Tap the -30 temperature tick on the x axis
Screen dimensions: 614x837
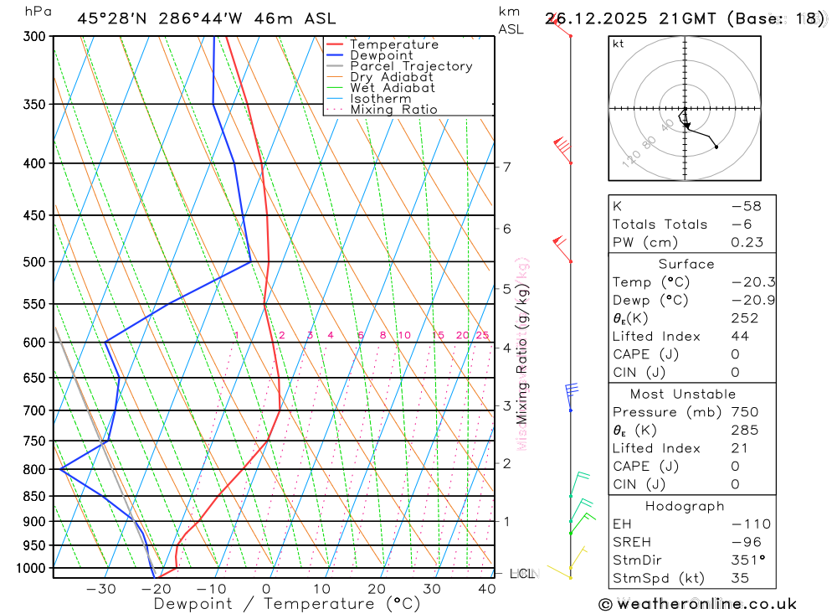tap(101, 589)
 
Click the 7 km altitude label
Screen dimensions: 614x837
tap(507, 167)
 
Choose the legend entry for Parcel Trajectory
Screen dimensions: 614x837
tap(411, 66)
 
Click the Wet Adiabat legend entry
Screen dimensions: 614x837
tap(393, 88)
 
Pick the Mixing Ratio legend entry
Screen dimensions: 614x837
tap(393, 110)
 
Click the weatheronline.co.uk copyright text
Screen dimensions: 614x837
tap(697, 604)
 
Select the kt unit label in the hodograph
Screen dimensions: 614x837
tap(619, 44)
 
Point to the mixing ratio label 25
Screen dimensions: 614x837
tap(482, 336)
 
